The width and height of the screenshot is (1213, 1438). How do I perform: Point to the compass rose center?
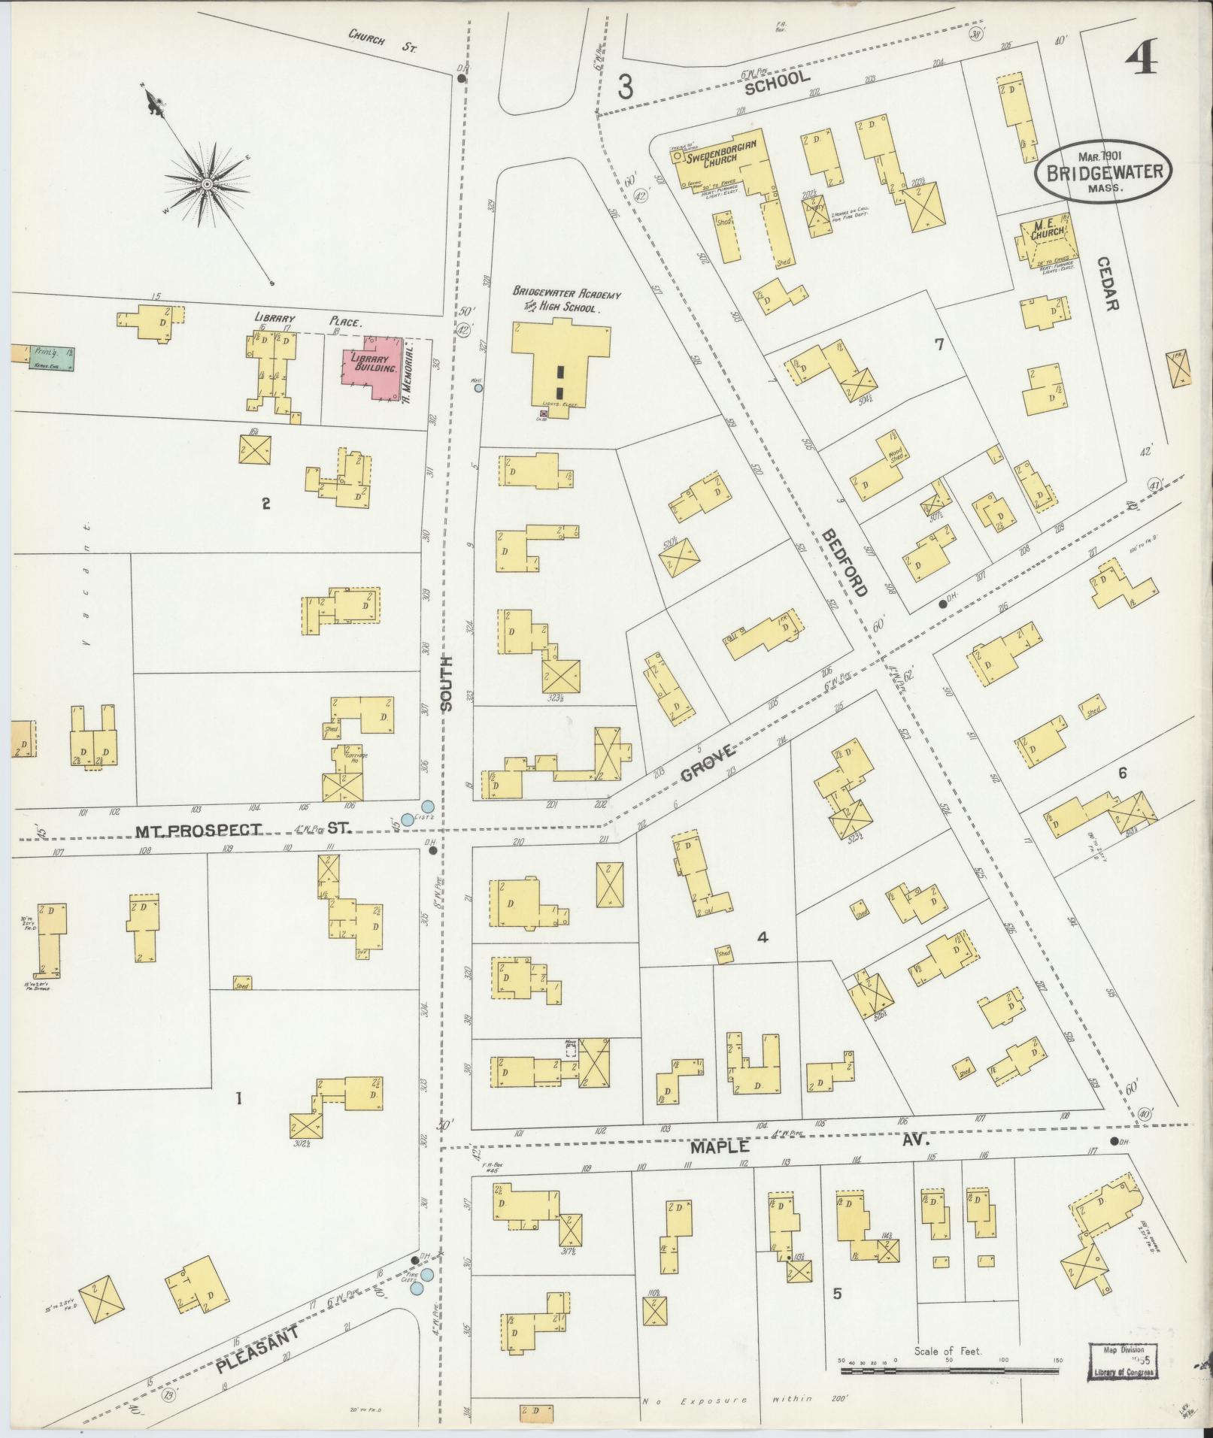(204, 183)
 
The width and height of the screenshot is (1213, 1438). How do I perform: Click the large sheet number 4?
(1141, 55)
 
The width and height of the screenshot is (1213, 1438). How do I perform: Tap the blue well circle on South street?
(477, 388)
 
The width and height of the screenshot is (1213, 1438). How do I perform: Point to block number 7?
(939, 345)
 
